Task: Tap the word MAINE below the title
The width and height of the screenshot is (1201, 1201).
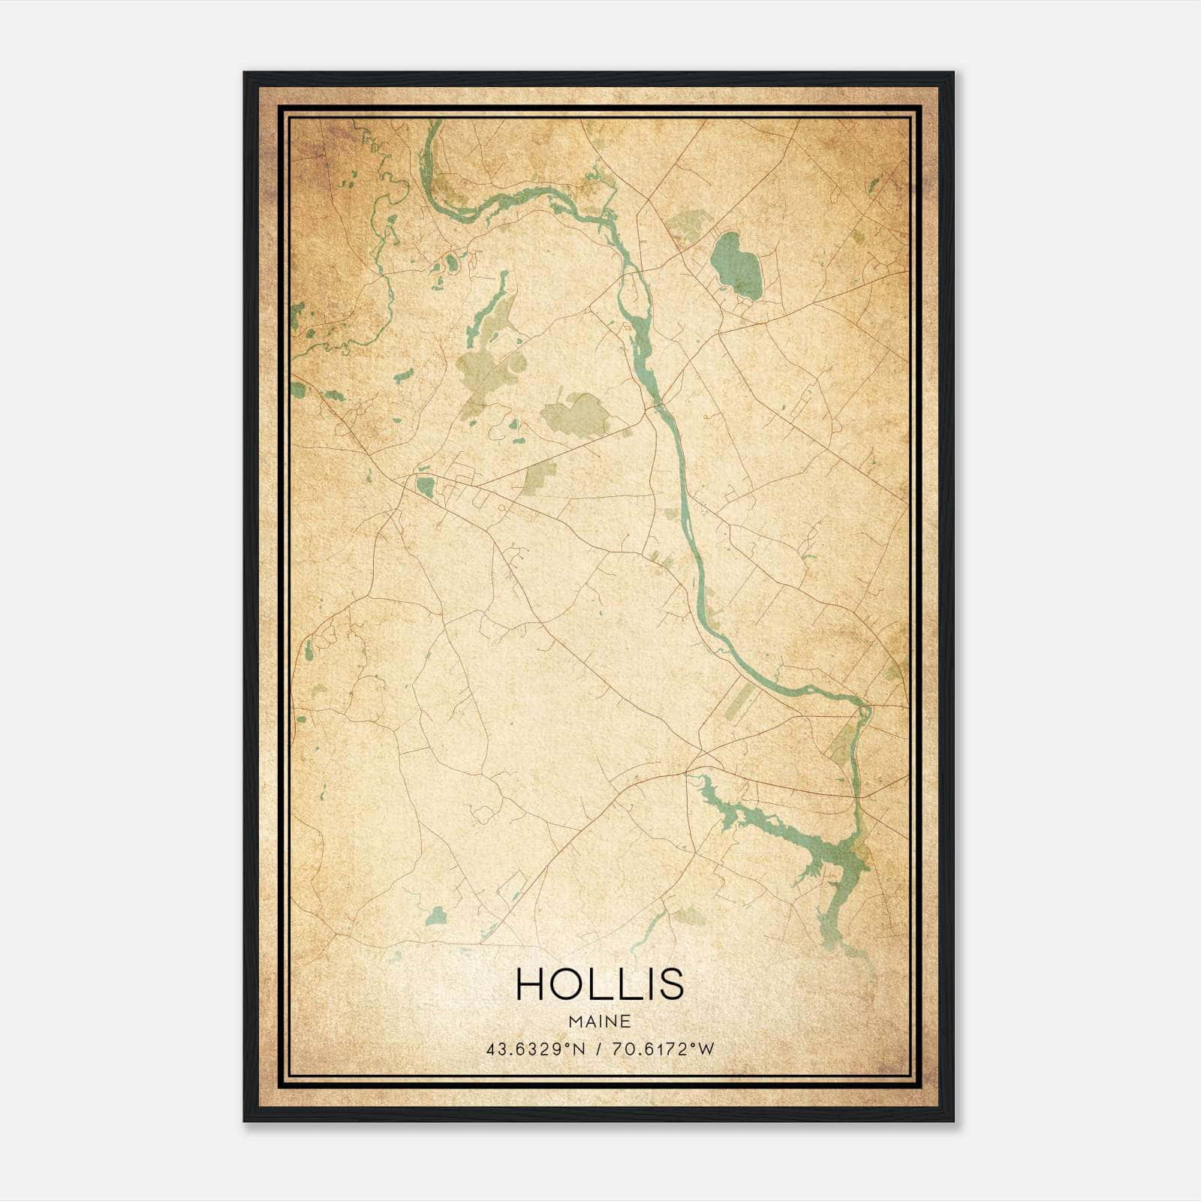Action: pyautogui.click(x=600, y=1022)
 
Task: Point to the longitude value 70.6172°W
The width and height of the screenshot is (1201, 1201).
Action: pyautogui.click(x=664, y=1049)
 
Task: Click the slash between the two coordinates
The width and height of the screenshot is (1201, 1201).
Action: pyautogui.click(x=597, y=1049)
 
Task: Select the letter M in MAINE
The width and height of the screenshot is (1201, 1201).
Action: pyautogui.click(x=574, y=1022)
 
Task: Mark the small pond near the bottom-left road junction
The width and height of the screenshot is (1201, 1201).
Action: pyautogui.click(x=436, y=915)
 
